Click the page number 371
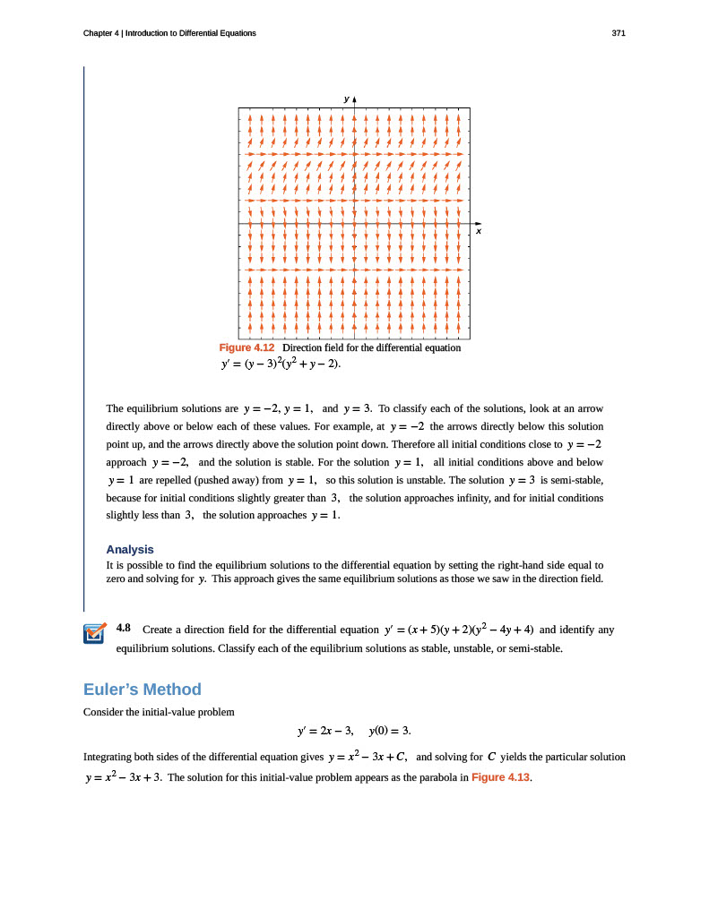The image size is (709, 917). tap(618, 33)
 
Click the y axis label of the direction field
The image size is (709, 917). tap(345, 97)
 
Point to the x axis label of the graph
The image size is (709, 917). tap(479, 232)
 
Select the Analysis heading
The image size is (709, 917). tap(130, 549)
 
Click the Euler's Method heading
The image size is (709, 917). tap(142, 689)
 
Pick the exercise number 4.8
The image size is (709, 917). tap(125, 629)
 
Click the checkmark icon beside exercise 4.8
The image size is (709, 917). tap(93, 633)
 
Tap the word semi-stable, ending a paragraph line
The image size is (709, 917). tap(579, 480)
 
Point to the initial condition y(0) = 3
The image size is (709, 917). tap(390, 732)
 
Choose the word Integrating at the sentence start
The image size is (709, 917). tap(108, 757)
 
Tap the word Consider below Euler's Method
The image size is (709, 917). tap(103, 711)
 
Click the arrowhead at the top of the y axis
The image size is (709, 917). tap(355, 98)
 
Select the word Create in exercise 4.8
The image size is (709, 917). tap(159, 630)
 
